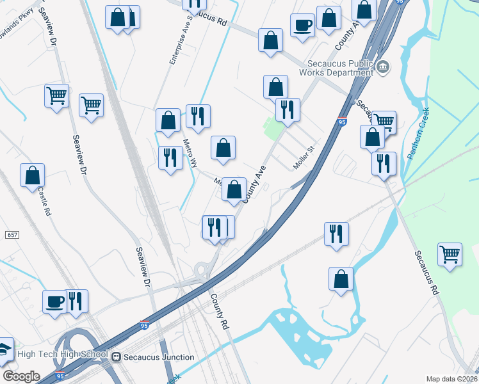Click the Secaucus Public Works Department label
339,68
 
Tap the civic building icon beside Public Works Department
383,67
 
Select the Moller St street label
305,157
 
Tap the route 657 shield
12,236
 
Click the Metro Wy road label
190,153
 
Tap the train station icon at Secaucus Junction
116,357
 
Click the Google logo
20,376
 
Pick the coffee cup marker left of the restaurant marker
54,300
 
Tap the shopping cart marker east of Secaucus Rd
450,253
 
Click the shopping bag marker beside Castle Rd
32,175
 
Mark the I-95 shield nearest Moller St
342,122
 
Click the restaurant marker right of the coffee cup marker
76,300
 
